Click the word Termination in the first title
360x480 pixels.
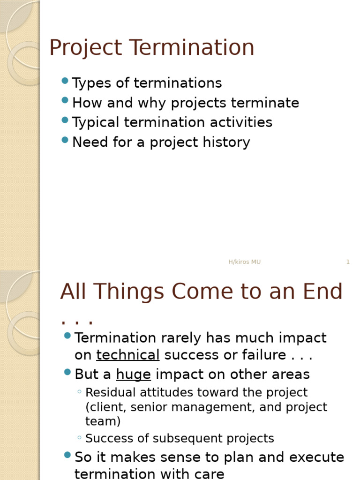pyautogui.click(x=192, y=48)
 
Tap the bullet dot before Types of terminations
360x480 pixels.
pyautogui.click(x=65, y=81)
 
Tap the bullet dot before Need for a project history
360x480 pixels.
pyautogui.click(x=65, y=140)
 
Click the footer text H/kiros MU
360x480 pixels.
pyautogui.click(x=244, y=262)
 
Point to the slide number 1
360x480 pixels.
pyautogui.click(x=348, y=262)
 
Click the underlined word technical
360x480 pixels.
pyautogui.click(x=128, y=355)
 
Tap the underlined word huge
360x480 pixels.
pyautogui.click(x=133, y=375)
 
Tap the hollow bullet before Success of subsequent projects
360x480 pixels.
pyautogui.click(x=80, y=438)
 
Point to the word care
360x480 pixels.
pyautogui.click(x=209, y=474)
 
